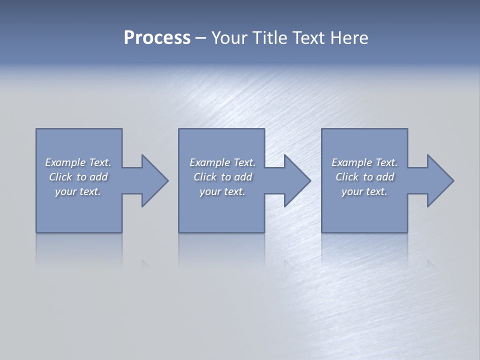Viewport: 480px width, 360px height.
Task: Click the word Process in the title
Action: coord(157,38)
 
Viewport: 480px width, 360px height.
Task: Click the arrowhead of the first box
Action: coord(155,180)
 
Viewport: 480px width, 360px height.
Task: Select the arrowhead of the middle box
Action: coord(297,180)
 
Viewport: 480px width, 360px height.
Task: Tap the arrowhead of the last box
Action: coord(440,180)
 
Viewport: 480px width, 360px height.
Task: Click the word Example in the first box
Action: coord(65,162)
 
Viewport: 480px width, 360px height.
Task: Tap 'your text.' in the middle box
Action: coord(222,191)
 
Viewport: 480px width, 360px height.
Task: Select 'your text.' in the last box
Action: coord(364,191)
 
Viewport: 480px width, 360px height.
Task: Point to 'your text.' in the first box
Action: coord(77,191)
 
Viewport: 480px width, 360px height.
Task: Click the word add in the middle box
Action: coord(243,177)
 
